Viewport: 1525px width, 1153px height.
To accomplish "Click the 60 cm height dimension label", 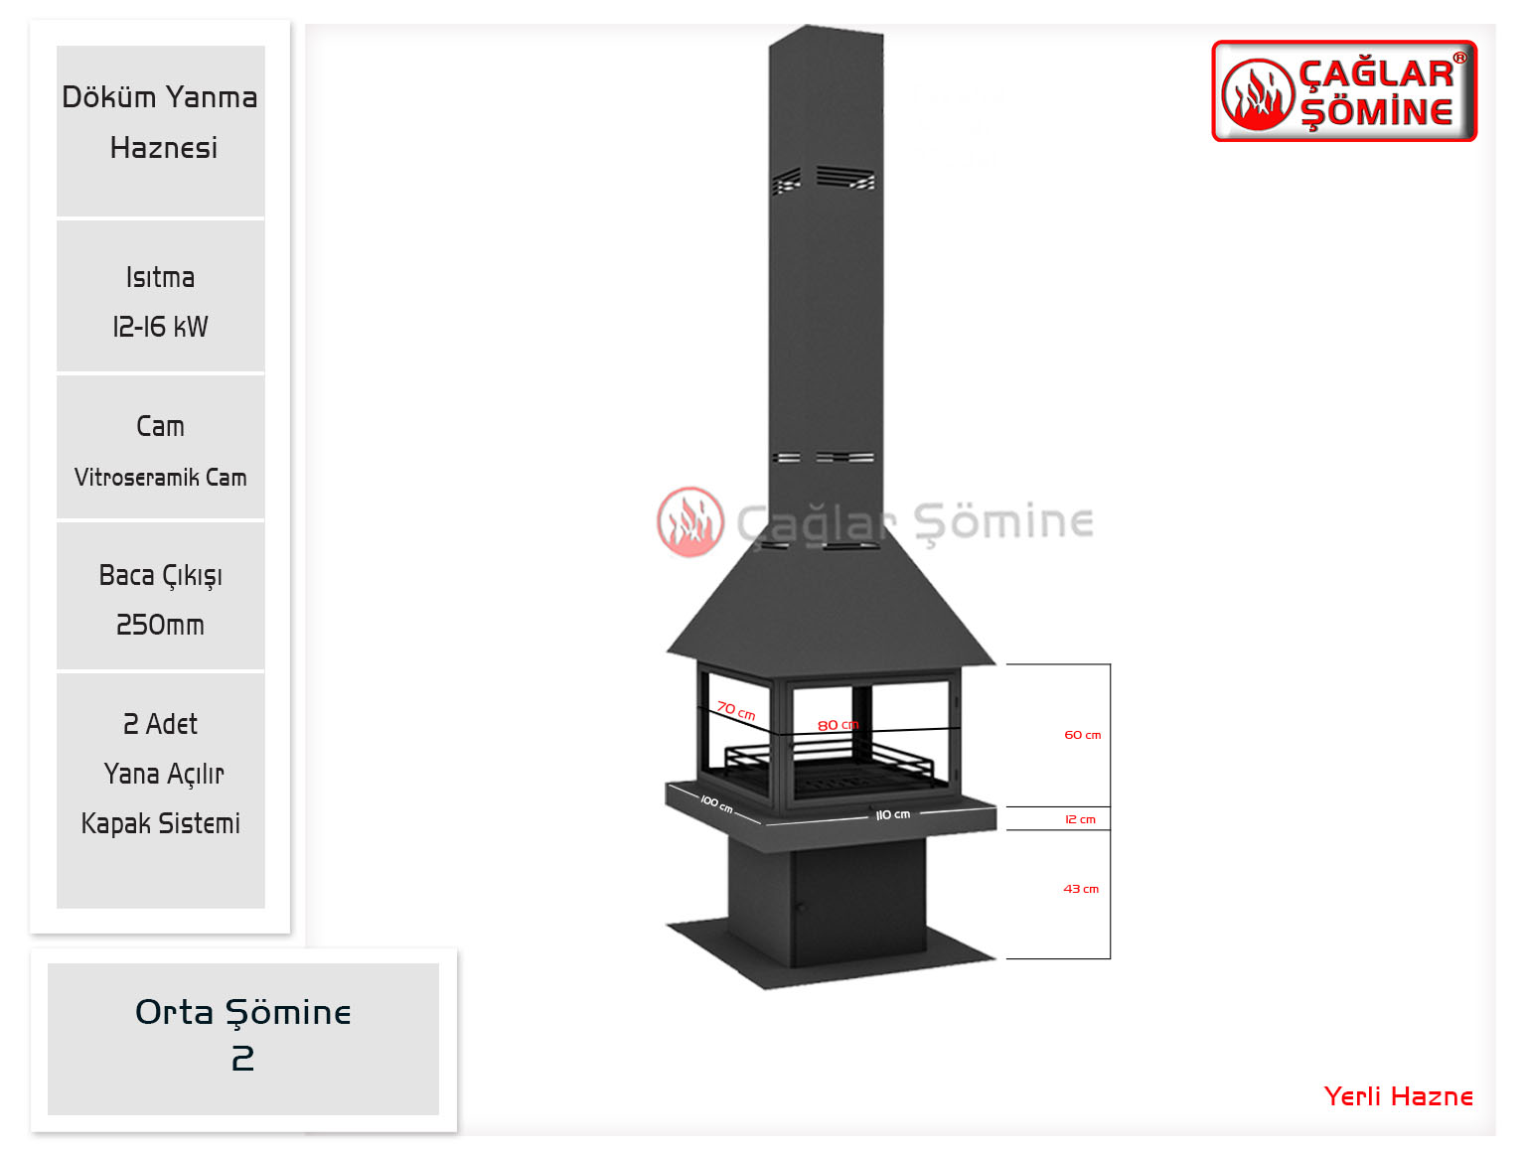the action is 1083,735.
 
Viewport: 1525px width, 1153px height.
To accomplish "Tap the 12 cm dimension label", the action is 1080,819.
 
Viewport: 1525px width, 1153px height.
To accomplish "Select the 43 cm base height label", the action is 1081,889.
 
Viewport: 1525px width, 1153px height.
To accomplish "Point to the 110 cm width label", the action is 893,815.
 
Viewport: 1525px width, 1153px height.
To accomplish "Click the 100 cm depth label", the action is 716,803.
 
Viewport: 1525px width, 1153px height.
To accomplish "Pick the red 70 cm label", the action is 736,711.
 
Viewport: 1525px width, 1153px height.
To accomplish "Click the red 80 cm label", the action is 838,725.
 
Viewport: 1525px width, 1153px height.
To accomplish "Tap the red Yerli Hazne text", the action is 1399,1096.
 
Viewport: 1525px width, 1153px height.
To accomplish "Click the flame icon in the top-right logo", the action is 1258,95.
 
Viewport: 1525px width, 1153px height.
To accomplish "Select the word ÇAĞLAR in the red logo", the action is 1376,73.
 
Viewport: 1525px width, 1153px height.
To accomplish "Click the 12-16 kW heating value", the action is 161,327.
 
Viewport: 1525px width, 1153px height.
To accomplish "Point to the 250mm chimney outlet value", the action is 161,625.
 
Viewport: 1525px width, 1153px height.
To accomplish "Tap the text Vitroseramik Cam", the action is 161,478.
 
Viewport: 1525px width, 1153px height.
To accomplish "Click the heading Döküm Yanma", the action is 160,96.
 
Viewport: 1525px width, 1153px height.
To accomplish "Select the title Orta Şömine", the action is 243,1013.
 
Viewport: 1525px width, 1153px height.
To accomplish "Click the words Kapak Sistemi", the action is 161,824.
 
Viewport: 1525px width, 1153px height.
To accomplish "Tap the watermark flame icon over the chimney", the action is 690,522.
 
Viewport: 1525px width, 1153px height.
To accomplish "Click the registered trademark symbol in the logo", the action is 1460,59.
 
